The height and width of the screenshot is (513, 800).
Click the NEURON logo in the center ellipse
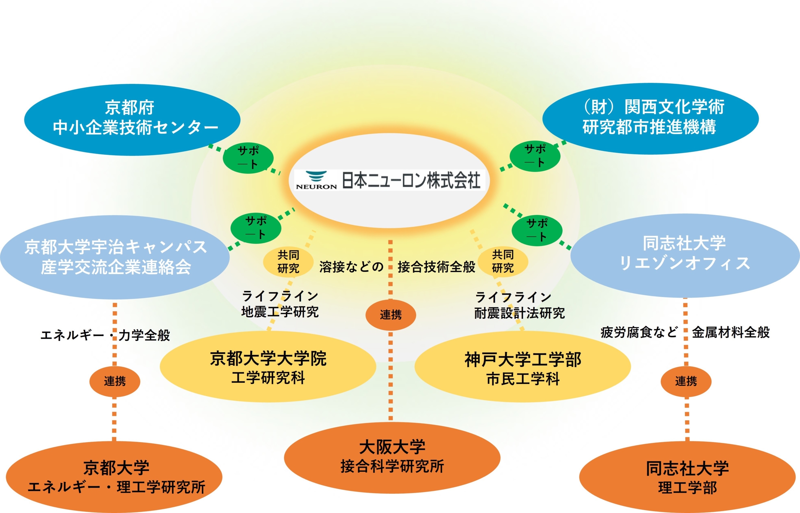316,180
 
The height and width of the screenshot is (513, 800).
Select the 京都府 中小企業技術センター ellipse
132,120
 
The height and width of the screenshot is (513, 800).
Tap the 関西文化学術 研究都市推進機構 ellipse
651,118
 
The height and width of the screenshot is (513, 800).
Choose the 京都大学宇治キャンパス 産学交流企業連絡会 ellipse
115,257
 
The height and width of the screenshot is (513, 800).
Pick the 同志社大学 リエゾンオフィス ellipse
685,255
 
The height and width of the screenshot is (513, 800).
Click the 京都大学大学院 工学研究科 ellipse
268,367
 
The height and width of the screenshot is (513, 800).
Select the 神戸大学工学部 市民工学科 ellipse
523,367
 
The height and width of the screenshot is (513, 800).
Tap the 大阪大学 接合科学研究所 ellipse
392,458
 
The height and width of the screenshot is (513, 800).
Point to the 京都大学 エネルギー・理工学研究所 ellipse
114,477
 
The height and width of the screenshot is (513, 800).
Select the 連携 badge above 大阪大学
391,315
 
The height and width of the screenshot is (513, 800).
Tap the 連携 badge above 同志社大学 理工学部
686,382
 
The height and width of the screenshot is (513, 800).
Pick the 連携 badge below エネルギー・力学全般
115,382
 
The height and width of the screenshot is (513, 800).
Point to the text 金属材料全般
731,333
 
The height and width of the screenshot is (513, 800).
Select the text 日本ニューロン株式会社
411,180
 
